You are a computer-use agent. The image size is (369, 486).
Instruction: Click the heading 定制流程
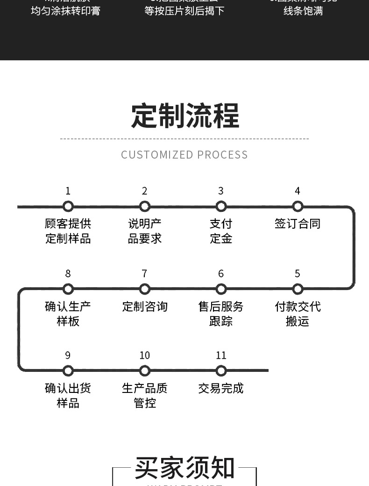(184, 116)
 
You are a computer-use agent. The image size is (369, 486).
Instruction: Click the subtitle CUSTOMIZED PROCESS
(184, 155)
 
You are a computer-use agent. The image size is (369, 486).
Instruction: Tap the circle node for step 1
(68, 206)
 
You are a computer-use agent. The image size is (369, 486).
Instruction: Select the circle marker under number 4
(298, 206)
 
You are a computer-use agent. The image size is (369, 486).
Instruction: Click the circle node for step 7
(145, 289)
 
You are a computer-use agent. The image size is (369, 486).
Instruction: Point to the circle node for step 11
(221, 371)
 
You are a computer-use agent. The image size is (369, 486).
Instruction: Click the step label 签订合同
(298, 224)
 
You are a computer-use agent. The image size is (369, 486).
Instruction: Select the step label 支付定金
(221, 231)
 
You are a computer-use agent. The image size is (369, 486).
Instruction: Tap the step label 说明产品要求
(145, 231)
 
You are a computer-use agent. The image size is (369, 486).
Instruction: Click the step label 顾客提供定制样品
(68, 231)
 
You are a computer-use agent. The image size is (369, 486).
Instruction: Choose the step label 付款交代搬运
(298, 314)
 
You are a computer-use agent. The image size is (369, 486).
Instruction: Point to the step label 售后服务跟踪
(221, 314)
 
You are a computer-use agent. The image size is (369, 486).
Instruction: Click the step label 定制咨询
(145, 307)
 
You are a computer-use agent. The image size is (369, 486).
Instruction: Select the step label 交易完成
(221, 388)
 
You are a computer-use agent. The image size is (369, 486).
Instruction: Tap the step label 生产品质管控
(145, 396)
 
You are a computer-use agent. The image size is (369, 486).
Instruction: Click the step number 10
(145, 355)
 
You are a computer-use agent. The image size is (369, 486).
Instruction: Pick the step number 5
(298, 273)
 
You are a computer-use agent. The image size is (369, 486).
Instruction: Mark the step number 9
(68, 355)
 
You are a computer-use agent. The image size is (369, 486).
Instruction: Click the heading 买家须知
(184, 468)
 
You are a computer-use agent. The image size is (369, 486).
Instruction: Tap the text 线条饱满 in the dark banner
(303, 11)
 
